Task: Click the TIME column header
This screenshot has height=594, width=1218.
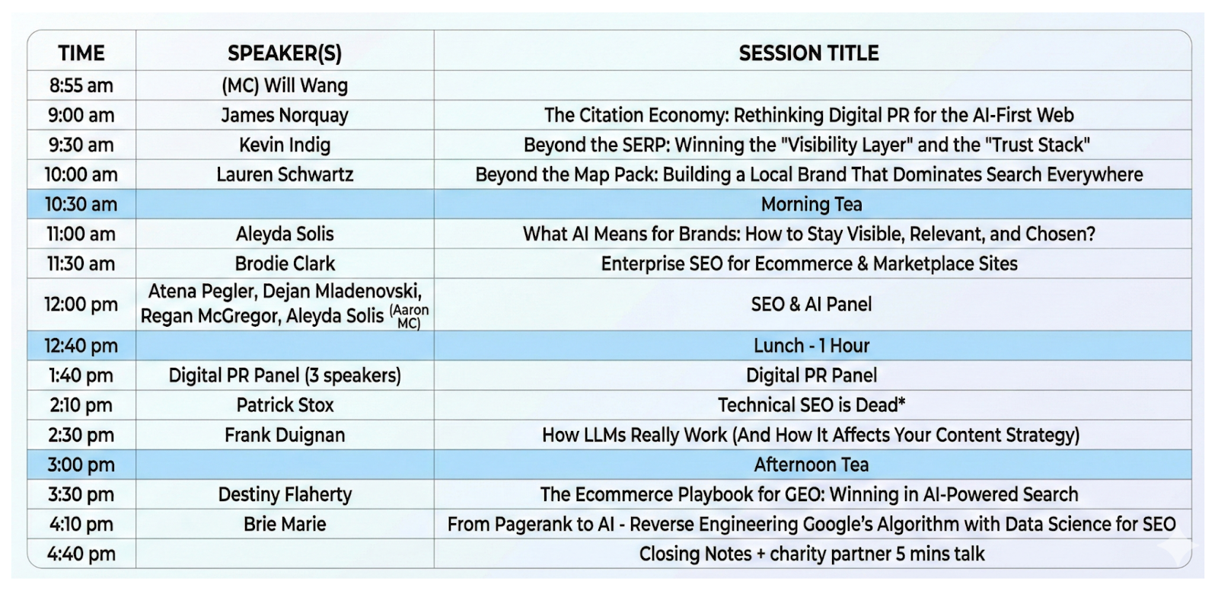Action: pos(81,53)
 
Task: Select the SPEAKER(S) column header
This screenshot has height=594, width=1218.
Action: pos(285,53)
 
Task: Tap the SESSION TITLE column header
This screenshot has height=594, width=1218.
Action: pos(808,53)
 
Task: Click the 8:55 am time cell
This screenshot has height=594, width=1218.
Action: pos(81,85)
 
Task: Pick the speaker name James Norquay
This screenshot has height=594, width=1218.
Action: pos(285,115)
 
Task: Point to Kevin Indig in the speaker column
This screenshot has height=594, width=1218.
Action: pos(285,145)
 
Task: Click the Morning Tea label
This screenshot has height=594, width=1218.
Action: pos(811,205)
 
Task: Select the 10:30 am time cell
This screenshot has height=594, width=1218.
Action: pos(81,205)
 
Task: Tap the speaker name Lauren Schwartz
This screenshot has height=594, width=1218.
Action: pos(285,174)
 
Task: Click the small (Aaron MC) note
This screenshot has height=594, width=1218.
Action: pos(409,317)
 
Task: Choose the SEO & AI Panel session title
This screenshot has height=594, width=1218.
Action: pos(811,304)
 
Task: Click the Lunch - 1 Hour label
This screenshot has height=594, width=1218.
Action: pos(811,346)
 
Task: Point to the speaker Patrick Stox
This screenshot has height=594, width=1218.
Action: pos(285,405)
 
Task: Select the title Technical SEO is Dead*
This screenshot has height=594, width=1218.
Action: pos(811,405)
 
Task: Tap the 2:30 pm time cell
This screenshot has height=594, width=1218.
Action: pos(81,435)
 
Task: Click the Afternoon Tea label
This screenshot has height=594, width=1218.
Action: pos(811,465)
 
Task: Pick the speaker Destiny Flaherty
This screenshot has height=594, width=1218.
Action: pos(285,494)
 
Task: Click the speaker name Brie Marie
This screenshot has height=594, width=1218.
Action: pos(285,525)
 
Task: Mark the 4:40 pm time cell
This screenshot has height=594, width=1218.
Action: pos(81,554)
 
